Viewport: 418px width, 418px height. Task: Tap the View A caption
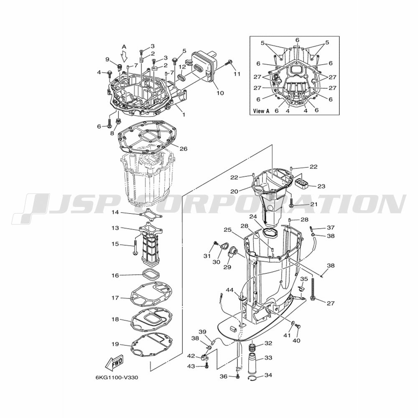click(261, 111)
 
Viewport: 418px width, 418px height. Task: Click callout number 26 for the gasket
click(183, 149)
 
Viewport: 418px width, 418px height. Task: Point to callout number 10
click(220, 93)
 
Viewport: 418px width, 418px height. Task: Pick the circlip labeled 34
click(254, 380)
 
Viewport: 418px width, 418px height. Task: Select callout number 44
click(230, 290)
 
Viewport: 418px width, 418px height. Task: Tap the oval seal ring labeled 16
click(151, 275)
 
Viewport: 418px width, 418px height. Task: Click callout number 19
click(115, 344)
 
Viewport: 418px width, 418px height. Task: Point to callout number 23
click(321, 186)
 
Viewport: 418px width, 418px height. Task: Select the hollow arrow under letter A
click(124, 57)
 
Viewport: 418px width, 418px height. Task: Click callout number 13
click(115, 228)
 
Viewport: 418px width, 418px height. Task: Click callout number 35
click(304, 279)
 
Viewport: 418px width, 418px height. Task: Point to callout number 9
click(107, 59)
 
